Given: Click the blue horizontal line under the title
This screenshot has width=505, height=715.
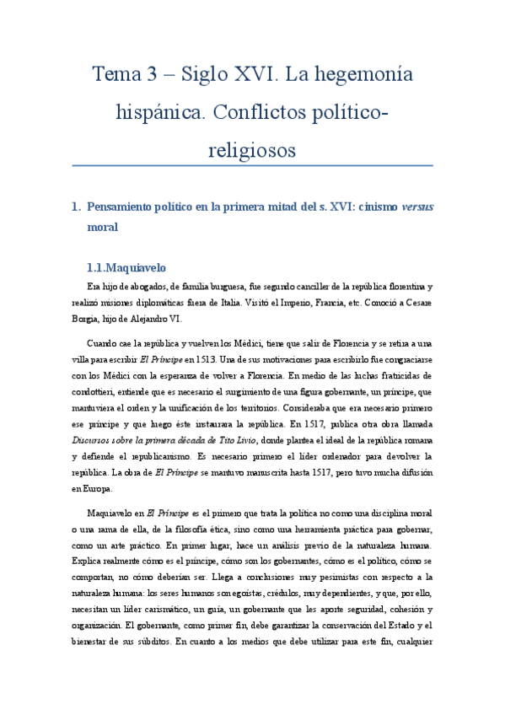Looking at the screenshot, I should pos(252,166).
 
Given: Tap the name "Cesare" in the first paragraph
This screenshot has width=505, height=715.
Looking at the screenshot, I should pos(415,304).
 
